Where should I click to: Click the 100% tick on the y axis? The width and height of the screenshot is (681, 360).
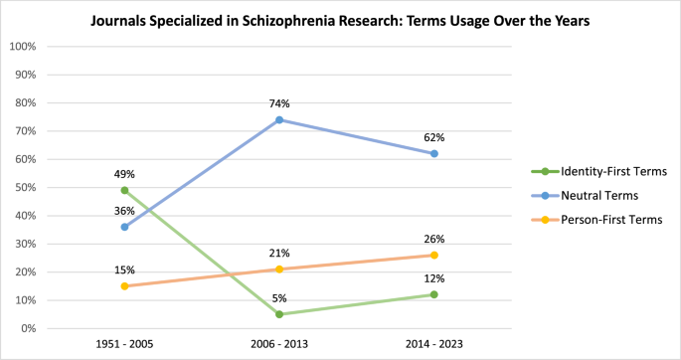pyautogui.click(x=23, y=47)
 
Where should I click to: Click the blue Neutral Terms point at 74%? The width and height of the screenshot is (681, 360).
pyautogui.click(x=279, y=119)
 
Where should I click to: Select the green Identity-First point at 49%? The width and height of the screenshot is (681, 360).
pyautogui.click(x=124, y=190)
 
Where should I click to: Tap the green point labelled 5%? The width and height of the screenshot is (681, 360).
pyautogui.click(x=279, y=314)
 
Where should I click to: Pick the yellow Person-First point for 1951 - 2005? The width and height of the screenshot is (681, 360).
pyautogui.click(x=124, y=286)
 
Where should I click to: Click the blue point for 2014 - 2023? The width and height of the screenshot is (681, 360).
pyautogui.click(x=434, y=153)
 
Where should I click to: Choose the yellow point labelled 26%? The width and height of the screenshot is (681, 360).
pyautogui.click(x=434, y=255)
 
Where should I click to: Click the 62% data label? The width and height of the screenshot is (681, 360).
pyautogui.click(x=434, y=137)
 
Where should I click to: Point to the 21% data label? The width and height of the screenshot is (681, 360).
pyautogui.click(x=279, y=254)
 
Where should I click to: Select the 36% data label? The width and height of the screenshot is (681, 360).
pyautogui.click(x=124, y=211)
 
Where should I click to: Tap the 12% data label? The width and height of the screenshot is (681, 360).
pyautogui.click(x=434, y=278)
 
